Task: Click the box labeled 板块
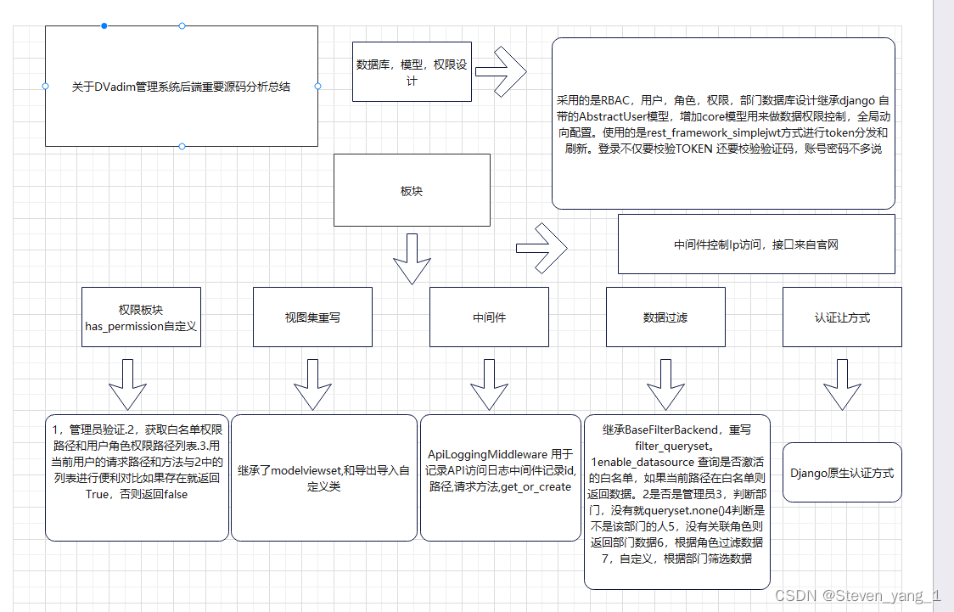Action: [x=412, y=190]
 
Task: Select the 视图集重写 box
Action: [x=312, y=317]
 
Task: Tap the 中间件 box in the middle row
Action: [x=489, y=317]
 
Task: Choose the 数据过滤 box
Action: [x=665, y=317]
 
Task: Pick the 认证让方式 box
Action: [x=842, y=317]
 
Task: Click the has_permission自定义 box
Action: [x=142, y=317]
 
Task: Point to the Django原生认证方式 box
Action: [x=842, y=472]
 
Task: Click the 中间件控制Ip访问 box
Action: [x=756, y=244]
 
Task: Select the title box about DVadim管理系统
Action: [x=182, y=86]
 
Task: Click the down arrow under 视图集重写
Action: [x=311, y=385]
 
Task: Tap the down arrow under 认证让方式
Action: [x=842, y=385]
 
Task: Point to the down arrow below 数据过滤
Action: [x=665, y=385]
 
